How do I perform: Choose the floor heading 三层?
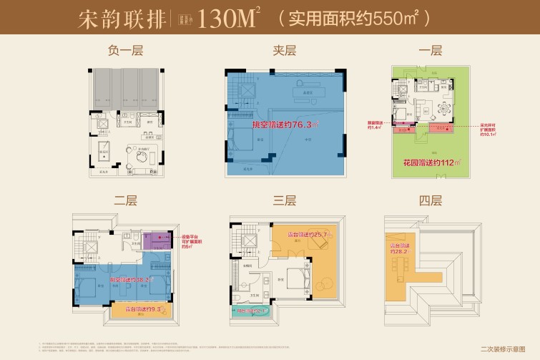[284, 200]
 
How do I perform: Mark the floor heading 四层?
[431, 200]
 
